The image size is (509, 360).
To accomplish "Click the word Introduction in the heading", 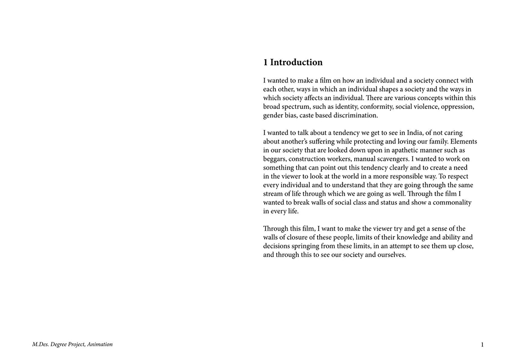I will click(x=296, y=63).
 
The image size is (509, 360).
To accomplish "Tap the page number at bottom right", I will click(x=482, y=345).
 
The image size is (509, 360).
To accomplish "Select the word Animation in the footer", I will click(x=100, y=345).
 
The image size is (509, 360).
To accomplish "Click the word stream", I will click(x=274, y=193).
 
